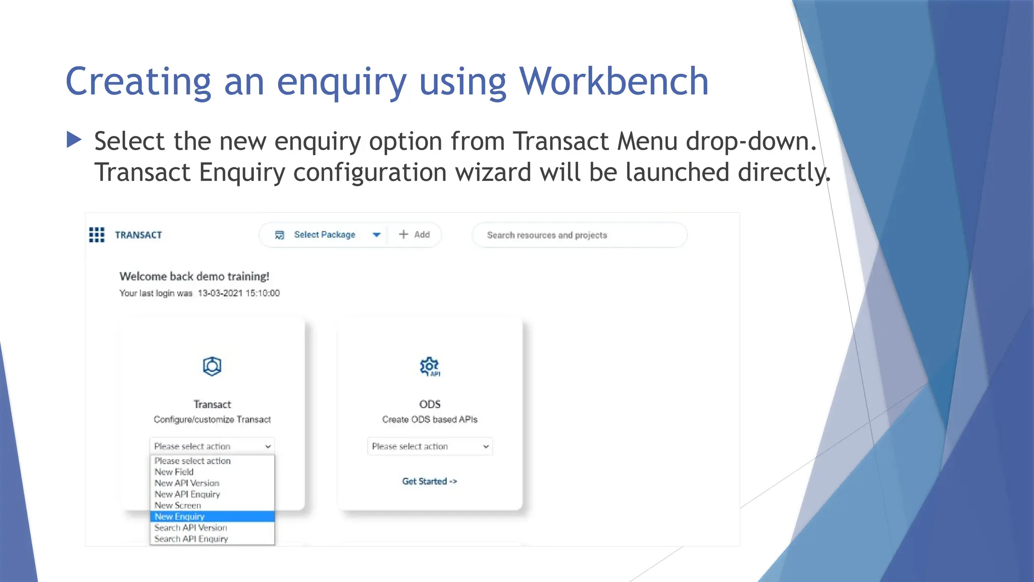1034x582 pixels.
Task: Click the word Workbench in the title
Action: pos(613,81)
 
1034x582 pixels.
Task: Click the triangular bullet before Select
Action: pos(74,139)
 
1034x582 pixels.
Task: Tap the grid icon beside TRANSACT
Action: pos(96,234)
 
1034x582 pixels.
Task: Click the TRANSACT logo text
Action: pos(138,235)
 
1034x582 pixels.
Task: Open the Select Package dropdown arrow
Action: pos(376,234)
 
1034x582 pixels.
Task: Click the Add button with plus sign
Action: pos(415,234)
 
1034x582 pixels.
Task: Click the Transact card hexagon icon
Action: pos(212,366)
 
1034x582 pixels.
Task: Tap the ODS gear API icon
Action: pos(430,366)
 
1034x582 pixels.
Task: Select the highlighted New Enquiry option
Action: pos(180,516)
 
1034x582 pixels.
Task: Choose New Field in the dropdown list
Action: pos(174,472)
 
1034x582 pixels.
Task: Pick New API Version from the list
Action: pos(187,483)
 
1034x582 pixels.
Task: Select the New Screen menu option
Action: pos(178,505)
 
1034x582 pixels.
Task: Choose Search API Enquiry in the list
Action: pos(191,539)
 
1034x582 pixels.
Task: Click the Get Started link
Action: pos(429,481)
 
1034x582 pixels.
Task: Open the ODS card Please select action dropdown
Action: pos(430,446)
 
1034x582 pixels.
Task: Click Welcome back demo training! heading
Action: pos(194,276)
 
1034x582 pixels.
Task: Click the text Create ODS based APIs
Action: pos(430,419)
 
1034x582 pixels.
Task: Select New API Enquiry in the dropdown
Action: pos(187,494)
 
